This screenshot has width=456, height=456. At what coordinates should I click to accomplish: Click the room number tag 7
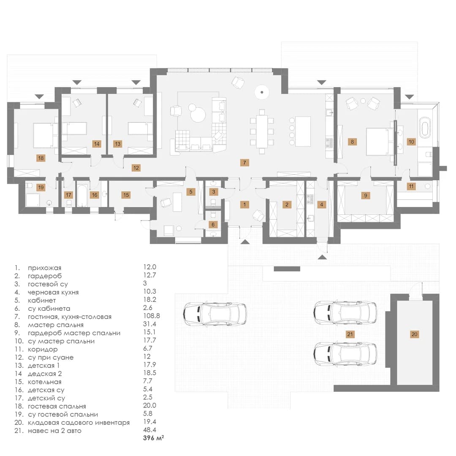click(244, 163)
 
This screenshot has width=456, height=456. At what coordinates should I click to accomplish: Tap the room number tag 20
click(414, 334)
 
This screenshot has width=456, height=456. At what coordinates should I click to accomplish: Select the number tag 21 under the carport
click(350, 334)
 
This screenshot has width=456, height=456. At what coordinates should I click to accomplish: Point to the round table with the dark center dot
click(262, 92)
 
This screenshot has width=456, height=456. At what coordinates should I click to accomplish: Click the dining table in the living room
click(262, 131)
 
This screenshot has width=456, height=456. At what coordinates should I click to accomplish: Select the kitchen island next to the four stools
click(303, 131)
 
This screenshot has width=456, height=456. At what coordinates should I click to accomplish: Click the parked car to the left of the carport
click(215, 313)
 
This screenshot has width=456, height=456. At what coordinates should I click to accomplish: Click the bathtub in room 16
click(82, 195)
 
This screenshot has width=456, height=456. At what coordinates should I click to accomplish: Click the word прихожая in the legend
click(44, 268)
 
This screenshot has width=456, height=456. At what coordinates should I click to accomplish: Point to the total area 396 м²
click(153, 438)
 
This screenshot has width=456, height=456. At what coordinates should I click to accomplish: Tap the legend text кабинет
click(42, 301)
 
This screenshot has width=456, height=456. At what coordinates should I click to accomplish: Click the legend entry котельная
click(44, 382)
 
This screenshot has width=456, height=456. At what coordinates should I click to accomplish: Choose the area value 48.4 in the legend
click(149, 430)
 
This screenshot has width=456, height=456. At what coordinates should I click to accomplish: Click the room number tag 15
click(126, 195)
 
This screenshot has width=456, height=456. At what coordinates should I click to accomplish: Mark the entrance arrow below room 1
click(245, 241)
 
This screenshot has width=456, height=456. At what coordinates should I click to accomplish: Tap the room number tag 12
click(136, 168)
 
